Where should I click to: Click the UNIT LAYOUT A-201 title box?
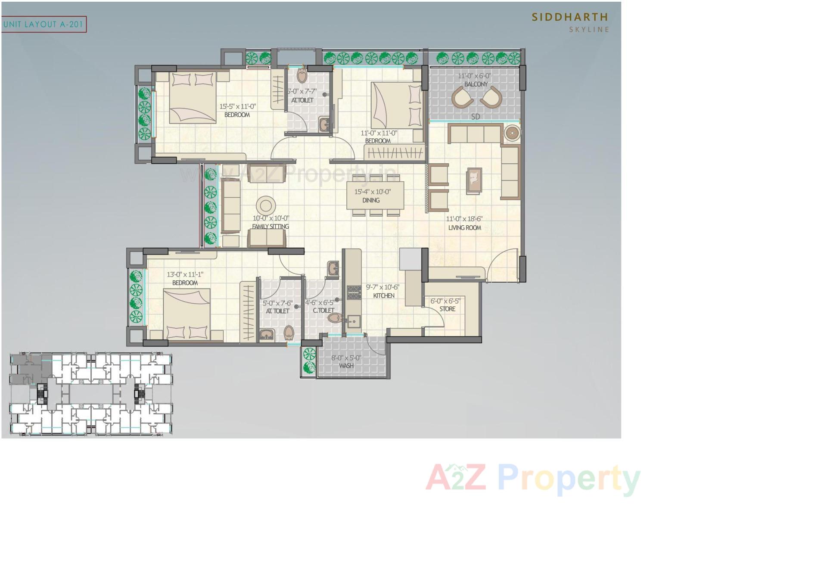(x=44, y=25)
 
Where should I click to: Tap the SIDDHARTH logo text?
(x=569, y=17)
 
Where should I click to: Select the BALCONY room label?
(x=476, y=84)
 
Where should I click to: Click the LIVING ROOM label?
(x=464, y=228)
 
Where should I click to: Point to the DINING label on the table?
(x=371, y=200)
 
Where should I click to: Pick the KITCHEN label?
(x=383, y=296)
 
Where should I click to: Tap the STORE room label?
(x=447, y=309)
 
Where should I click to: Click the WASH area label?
(x=346, y=366)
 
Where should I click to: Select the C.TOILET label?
(x=323, y=310)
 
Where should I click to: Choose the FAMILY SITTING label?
(x=270, y=227)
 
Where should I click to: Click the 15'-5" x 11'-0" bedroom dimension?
(x=237, y=106)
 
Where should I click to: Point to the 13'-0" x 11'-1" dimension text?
(x=185, y=274)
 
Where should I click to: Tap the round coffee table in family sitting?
(x=266, y=205)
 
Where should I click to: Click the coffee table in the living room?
(x=474, y=180)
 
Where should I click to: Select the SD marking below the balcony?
(x=475, y=117)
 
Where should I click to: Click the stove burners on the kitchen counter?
(x=354, y=292)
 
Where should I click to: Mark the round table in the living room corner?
(x=511, y=133)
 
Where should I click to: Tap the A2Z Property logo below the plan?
(x=533, y=478)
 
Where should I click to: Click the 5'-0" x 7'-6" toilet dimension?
(x=277, y=303)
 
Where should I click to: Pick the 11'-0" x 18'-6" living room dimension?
(x=464, y=219)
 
